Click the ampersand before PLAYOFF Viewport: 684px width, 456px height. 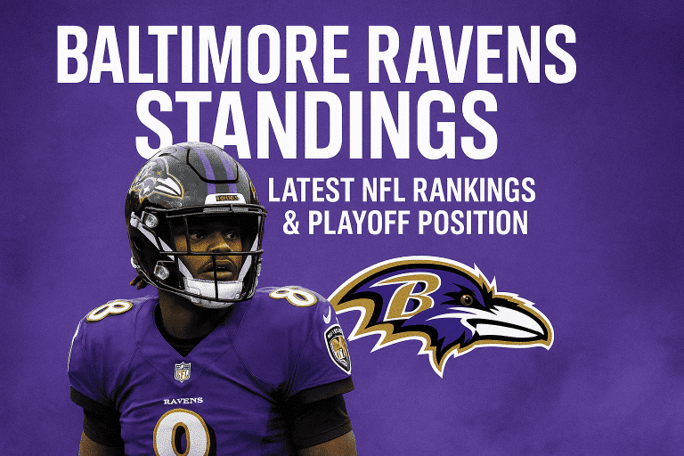point(290,223)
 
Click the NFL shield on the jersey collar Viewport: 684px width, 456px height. point(183,371)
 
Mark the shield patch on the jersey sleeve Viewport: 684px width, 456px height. point(338,346)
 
